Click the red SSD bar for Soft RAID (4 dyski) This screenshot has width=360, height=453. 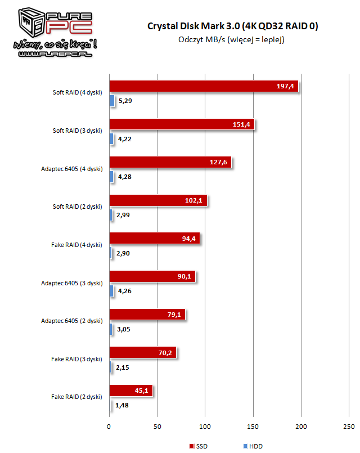[x=202, y=86]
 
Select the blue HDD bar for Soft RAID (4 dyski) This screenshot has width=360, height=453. [x=112, y=101]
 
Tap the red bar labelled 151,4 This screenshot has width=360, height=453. [x=181, y=124]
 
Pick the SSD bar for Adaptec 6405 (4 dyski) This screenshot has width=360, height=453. [x=170, y=163]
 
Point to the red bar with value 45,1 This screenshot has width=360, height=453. [x=130, y=391]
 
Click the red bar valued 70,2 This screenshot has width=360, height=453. [x=142, y=353]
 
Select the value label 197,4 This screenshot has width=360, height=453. [x=286, y=86]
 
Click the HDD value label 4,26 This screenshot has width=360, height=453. [x=124, y=291]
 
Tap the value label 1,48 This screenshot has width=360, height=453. [x=122, y=406]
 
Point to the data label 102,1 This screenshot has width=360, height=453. [x=198, y=201]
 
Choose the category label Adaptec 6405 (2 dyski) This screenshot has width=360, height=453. [x=71, y=321]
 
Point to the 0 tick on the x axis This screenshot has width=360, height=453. [x=109, y=426]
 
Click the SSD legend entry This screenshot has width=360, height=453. [x=196, y=446]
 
